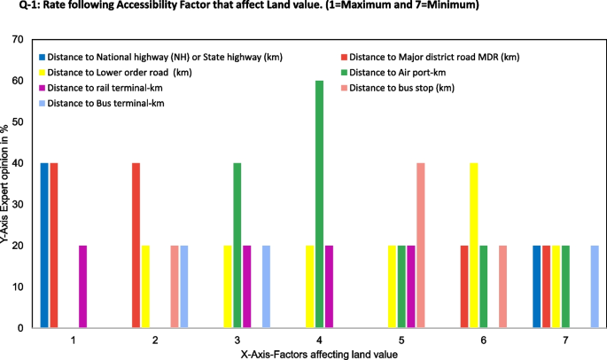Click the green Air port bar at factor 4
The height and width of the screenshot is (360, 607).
click(319, 204)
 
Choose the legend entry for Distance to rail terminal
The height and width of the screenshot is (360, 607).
click(106, 87)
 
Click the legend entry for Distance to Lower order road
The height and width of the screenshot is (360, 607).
click(121, 72)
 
